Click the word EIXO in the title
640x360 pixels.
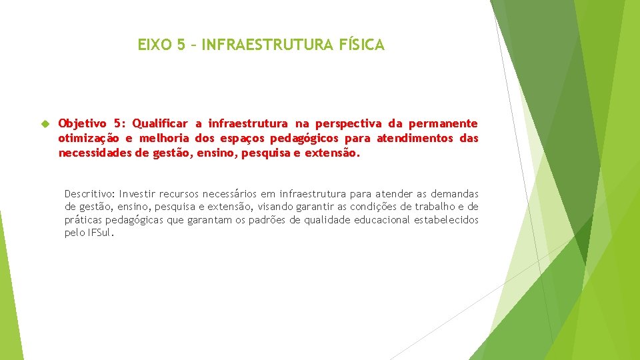153,45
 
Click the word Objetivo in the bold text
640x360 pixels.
83,123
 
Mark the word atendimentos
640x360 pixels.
415,138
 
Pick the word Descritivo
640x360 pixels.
89,193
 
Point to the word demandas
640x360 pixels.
458,193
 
